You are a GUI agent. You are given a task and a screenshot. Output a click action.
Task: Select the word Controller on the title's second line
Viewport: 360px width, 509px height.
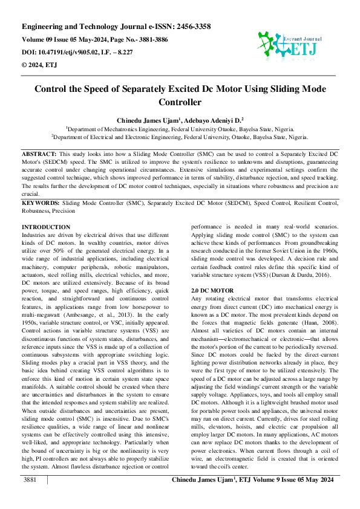pos(180,103)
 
